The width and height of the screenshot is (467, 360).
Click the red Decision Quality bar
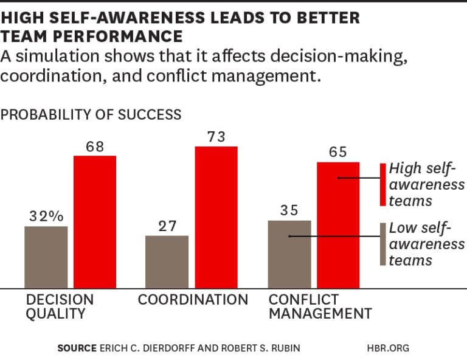pyautogui.click(x=95, y=221)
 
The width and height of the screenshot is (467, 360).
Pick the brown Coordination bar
pyautogui.click(x=167, y=261)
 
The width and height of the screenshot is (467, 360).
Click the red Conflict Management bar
pyautogui.click(x=338, y=224)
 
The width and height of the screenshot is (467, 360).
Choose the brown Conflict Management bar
pyautogui.click(x=289, y=254)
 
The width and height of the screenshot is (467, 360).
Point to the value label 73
pyautogui.click(x=216, y=137)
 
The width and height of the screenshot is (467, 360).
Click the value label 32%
pyautogui.click(x=46, y=216)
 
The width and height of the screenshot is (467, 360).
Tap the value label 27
pyautogui.click(x=167, y=226)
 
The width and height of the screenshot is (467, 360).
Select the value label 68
pyautogui.click(x=95, y=147)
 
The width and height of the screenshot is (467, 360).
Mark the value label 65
pyautogui.click(x=338, y=152)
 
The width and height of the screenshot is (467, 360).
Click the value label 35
pyautogui.click(x=289, y=210)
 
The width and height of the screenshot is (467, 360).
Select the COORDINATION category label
pyautogui.click(x=193, y=300)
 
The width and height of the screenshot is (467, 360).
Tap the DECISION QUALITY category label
pyautogui.click(x=60, y=306)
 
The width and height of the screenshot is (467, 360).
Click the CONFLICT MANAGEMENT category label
pyautogui.click(x=320, y=306)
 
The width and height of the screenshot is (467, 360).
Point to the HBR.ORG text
pyautogui.click(x=389, y=348)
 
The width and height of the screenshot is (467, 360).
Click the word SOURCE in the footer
pyautogui.click(x=77, y=348)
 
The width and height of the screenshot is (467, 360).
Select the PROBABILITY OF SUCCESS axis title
pyautogui.click(x=91, y=114)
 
